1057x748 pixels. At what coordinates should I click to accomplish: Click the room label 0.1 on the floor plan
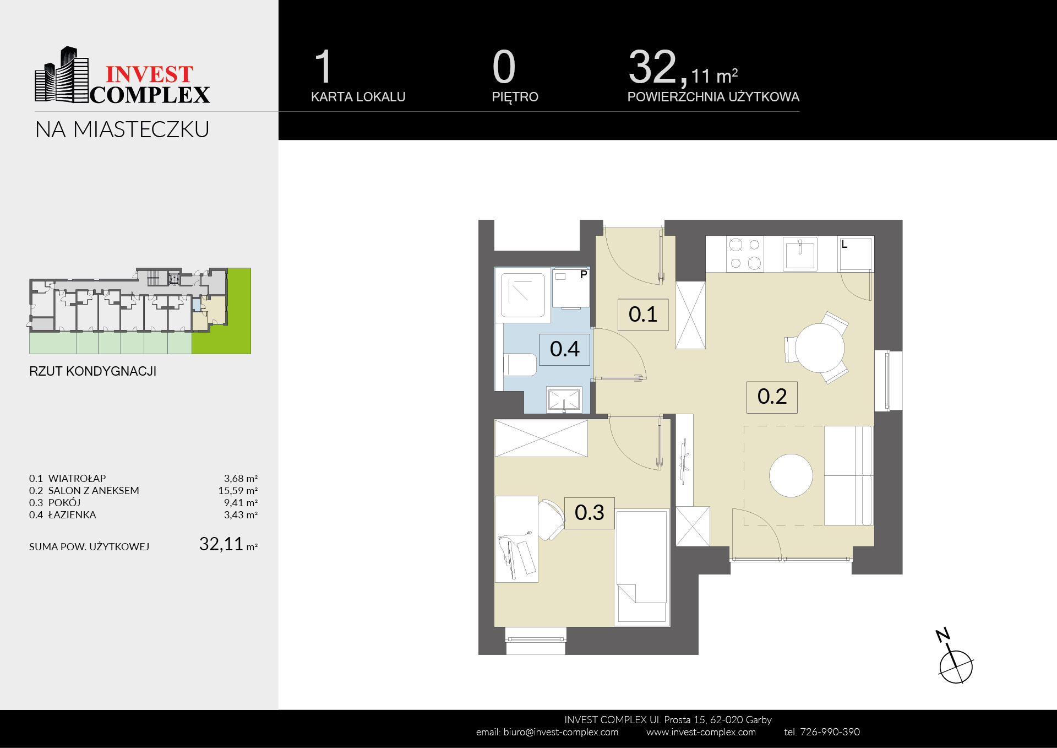(x=643, y=315)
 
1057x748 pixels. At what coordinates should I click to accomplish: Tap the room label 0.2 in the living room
(x=772, y=397)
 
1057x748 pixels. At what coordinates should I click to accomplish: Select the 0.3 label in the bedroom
(x=589, y=513)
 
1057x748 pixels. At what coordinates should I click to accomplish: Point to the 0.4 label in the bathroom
(x=564, y=349)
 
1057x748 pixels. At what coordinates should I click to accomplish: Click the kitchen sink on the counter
(x=800, y=254)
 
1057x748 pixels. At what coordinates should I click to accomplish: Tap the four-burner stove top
(x=745, y=254)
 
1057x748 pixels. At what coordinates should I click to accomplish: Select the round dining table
(x=819, y=348)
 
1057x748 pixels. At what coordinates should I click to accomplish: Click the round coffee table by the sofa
(x=791, y=475)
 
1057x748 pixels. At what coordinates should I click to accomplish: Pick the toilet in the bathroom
(x=520, y=365)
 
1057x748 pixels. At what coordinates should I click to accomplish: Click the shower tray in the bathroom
(x=522, y=295)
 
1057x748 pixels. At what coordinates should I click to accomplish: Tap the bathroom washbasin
(x=564, y=399)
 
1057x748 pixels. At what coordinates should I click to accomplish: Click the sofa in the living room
(x=848, y=475)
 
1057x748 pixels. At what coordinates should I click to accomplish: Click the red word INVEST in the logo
(x=149, y=74)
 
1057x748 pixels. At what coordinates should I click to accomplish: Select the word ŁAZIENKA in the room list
(x=72, y=515)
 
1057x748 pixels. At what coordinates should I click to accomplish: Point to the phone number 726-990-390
(x=830, y=732)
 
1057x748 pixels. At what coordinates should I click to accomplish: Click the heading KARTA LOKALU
(x=358, y=97)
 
